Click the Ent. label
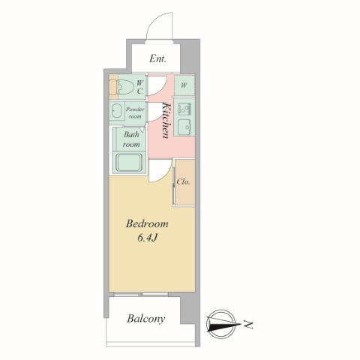(x=157, y=58)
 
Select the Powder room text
(x=135, y=112)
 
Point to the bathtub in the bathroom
(x=129, y=162)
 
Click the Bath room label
(x=131, y=139)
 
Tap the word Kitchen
(x=166, y=120)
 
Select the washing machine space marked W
(x=184, y=85)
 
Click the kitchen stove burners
(x=184, y=109)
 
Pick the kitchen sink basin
(x=184, y=127)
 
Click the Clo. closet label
(x=183, y=181)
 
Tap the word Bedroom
(x=147, y=223)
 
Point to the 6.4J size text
(x=147, y=238)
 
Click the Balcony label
(x=146, y=319)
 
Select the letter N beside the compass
(x=248, y=325)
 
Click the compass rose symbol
(x=220, y=324)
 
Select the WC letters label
(x=139, y=87)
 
